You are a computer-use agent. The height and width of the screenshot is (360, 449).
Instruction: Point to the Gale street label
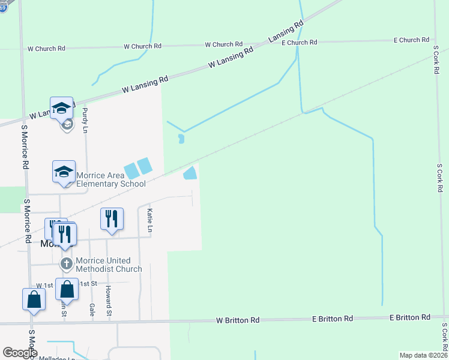92,309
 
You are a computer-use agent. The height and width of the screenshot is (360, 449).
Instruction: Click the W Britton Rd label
238,321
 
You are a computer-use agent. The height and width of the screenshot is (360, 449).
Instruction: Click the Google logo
20,353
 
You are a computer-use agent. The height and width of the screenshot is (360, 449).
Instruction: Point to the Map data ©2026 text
423,355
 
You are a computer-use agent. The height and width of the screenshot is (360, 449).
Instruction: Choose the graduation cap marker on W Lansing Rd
61,108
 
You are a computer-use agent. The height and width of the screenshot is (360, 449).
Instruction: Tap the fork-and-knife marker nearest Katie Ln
112,218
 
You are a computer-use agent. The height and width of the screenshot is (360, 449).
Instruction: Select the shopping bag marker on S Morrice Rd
34,299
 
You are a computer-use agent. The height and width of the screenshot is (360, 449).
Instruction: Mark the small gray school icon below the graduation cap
67,124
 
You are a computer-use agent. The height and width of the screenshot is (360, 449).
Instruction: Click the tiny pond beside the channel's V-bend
181,139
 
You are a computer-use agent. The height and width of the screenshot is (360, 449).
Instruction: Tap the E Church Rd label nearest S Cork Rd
411,40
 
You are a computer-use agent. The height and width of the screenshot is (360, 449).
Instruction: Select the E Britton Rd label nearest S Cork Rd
409,317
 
